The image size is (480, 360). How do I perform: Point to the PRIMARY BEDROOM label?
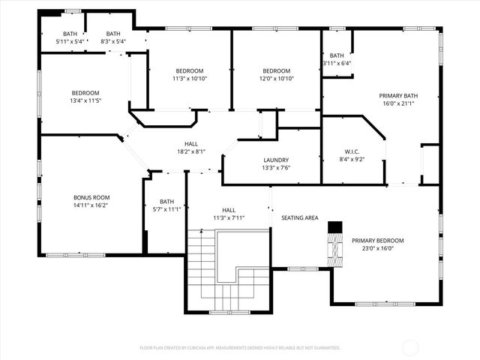pos(377,241)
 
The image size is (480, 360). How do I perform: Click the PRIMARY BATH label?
pos(398,95)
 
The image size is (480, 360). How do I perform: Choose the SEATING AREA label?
pos(300,217)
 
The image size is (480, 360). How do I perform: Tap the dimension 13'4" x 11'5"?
pos(85,100)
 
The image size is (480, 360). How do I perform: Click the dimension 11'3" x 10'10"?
pos(189,79)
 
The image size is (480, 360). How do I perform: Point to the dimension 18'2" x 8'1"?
pos(191,151)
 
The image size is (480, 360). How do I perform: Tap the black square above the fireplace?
pos(335,226)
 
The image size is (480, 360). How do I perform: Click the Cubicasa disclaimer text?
pos(240,348)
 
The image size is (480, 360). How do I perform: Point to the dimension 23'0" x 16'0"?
pos(377,249)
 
